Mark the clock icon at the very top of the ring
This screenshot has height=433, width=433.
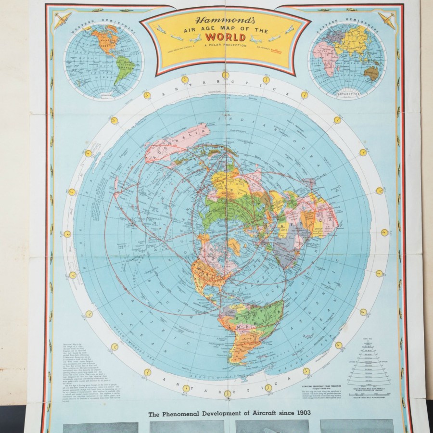(x=225, y=76)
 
